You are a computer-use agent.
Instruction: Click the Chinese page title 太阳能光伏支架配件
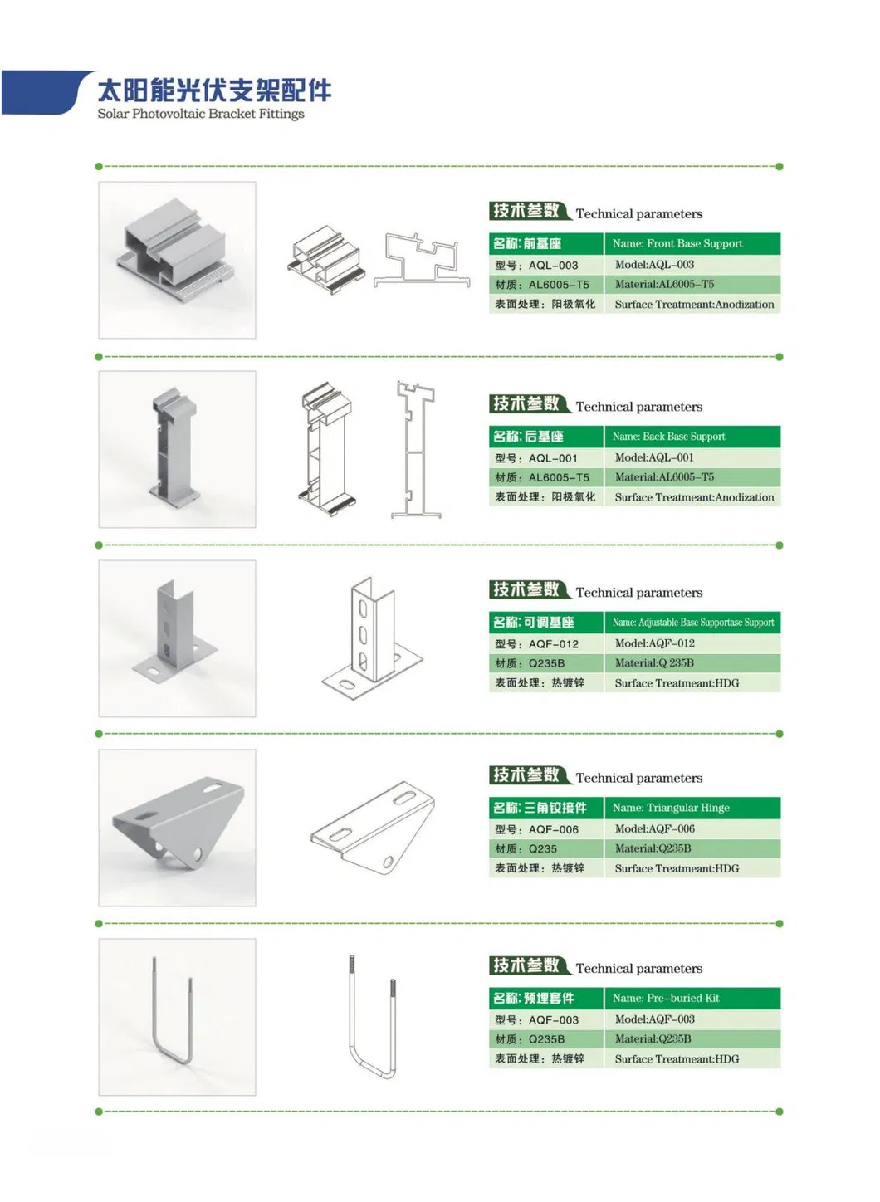click(x=214, y=90)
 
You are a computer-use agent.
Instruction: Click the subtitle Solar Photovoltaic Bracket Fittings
click(x=201, y=114)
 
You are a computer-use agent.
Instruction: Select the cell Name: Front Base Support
click(x=692, y=243)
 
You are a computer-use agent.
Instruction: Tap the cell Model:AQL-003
click(x=692, y=265)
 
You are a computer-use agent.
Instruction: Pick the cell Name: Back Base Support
click(x=692, y=437)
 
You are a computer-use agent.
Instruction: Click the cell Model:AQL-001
click(x=692, y=457)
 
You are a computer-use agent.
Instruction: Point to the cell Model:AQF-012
click(x=692, y=643)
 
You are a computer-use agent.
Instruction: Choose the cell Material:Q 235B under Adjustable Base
click(x=692, y=663)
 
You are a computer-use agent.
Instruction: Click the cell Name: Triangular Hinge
click(x=692, y=808)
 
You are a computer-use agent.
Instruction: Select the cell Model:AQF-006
click(x=692, y=828)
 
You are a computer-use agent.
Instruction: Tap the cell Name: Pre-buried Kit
click(x=692, y=998)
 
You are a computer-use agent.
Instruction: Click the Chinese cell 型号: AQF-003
click(x=545, y=1019)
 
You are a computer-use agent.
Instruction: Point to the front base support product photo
click(x=177, y=260)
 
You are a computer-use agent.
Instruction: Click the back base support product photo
click(x=177, y=449)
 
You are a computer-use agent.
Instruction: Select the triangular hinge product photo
click(x=177, y=828)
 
